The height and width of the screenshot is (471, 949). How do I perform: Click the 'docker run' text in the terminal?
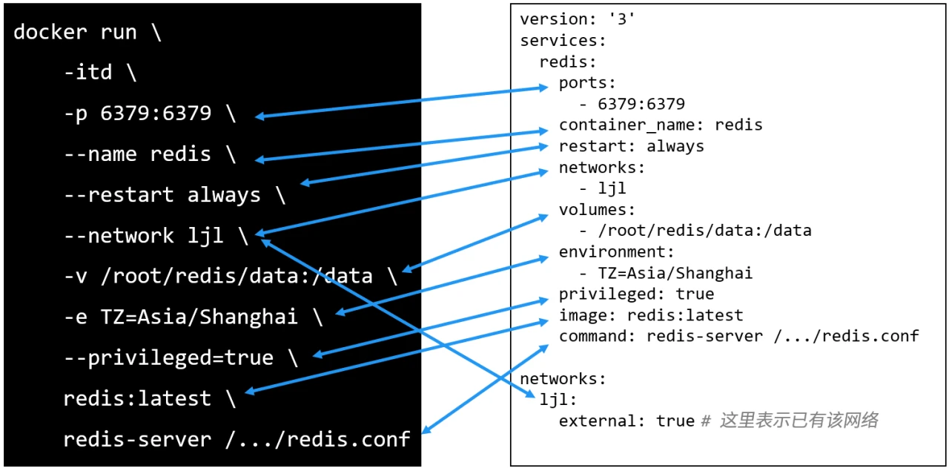pyautogui.click(x=75, y=33)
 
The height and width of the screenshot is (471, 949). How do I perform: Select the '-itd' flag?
pyautogui.click(x=88, y=72)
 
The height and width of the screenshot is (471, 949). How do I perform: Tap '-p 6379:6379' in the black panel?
pyautogui.click(x=138, y=113)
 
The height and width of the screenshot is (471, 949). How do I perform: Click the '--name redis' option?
pyautogui.click(x=137, y=154)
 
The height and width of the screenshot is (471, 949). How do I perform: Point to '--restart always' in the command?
pyautogui.click(x=162, y=195)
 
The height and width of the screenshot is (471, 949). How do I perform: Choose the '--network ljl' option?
pyautogui.click(x=144, y=236)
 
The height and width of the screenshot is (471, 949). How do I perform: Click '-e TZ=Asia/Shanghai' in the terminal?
pyautogui.click(x=181, y=317)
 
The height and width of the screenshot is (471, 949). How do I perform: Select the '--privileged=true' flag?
pyautogui.click(x=168, y=358)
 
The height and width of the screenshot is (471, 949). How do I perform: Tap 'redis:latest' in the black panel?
pyautogui.click(x=137, y=399)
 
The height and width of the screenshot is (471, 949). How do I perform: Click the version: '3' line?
pyautogui.click(x=578, y=19)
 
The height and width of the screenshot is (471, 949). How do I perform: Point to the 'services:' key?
pyautogui.click(x=563, y=41)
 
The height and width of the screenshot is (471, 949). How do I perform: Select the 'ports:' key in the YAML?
pyautogui.click(x=587, y=83)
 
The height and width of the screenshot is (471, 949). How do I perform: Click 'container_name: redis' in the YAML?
pyautogui.click(x=661, y=125)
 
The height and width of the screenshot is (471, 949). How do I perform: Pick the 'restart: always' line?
pyautogui.click(x=631, y=147)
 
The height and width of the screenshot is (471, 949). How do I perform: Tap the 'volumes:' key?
pyautogui.click(x=597, y=210)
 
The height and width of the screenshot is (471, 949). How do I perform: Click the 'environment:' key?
pyautogui.click(x=616, y=252)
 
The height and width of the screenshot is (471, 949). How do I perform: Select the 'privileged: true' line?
pyautogui.click(x=636, y=294)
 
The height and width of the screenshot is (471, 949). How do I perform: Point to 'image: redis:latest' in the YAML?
pyautogui.click(x=651, y=315)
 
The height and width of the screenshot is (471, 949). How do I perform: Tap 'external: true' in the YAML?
pyautogui.click(x=626, y=421)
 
